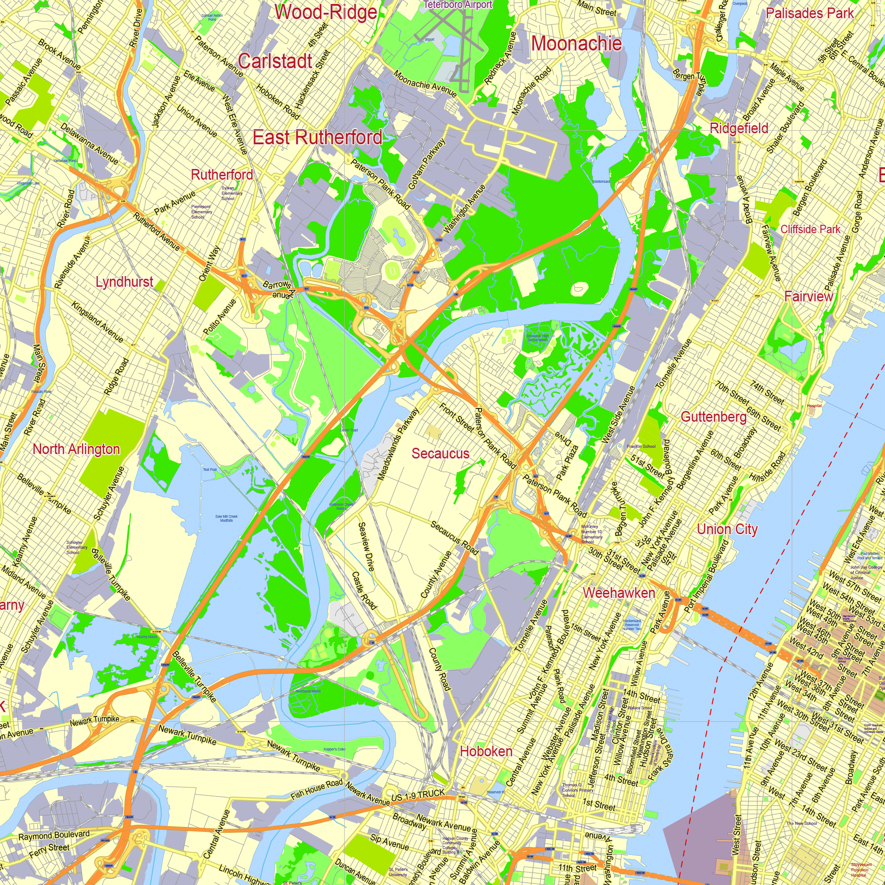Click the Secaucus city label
[x=440, y=454]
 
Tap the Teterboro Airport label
[x=458, y=4]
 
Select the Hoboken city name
[x=486, y=751]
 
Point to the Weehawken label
[x=619, y=593]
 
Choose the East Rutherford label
[x=317, y=137]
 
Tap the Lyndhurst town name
[x=124, y=281]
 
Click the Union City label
[x=727, y=529]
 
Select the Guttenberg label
[x=714, y=416]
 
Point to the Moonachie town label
[x=576, y=43]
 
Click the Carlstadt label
[x=275, y=61]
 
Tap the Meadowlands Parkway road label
[x=398, y=444]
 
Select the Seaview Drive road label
[x=366, y=546]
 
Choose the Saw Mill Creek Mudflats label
[x=226, y=518]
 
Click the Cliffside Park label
[x=810, y=229]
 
